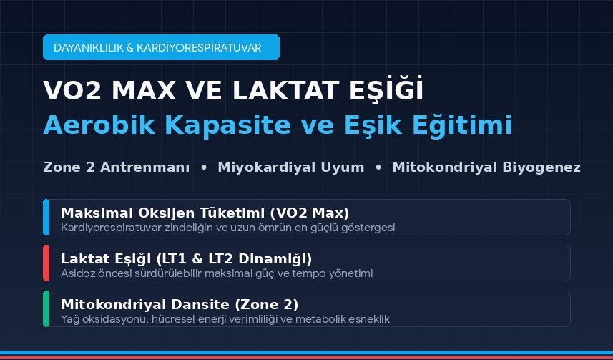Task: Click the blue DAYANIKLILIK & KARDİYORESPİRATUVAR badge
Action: pos(161,47)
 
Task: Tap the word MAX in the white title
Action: pos(144,91)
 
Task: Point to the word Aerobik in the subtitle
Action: pos(99,125)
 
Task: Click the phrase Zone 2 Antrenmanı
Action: pos(117,167)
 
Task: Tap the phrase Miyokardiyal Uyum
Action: pos(291,167)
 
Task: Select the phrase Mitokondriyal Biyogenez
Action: pos(486,167)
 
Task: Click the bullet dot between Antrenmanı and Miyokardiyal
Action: pos(204,167)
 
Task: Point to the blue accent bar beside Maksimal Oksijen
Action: pos(46,217)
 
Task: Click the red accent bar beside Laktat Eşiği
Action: pos(46,263)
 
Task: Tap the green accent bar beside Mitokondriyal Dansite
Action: pos(46,308)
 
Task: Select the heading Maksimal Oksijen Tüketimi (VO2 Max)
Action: pos(205,213)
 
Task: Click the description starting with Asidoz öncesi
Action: pos(217,273)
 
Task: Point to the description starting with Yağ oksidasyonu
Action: pos(225,319)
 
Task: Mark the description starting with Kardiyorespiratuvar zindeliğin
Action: pos(228,228)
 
